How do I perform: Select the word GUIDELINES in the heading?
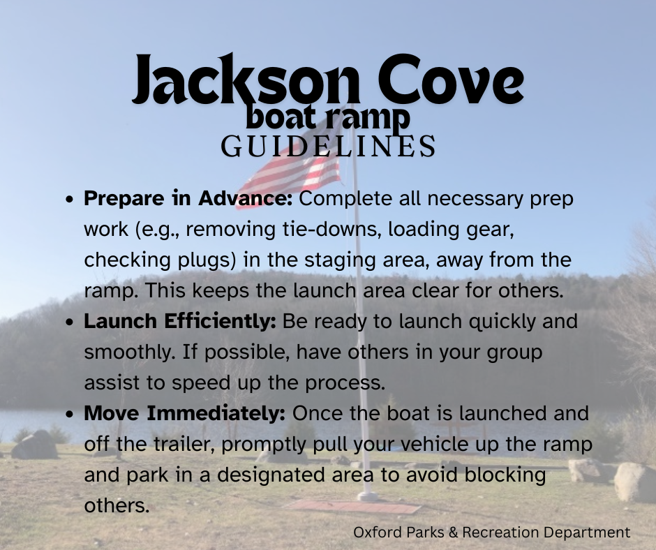[328, 146]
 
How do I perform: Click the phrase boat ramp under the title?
[327, 118]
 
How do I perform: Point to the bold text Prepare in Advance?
[188, 198]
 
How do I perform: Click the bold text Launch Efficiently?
[180, 321]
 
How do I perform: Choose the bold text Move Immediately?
[184, 412]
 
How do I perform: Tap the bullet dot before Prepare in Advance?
[70, 199]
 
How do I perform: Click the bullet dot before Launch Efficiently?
[70, 322]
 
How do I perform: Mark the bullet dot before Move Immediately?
[70, 414]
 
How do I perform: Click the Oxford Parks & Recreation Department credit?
[491, 533]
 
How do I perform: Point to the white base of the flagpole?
[367, 496]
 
